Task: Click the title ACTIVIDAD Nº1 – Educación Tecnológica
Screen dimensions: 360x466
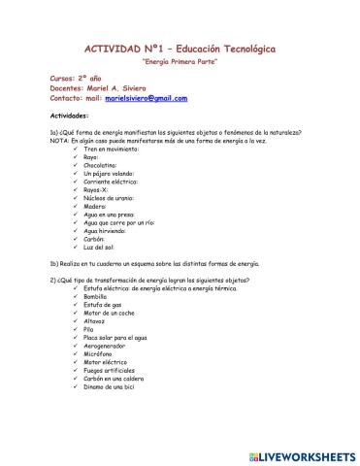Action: click(180, 48)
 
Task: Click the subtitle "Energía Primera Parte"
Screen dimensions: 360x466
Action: click(180, 61)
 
